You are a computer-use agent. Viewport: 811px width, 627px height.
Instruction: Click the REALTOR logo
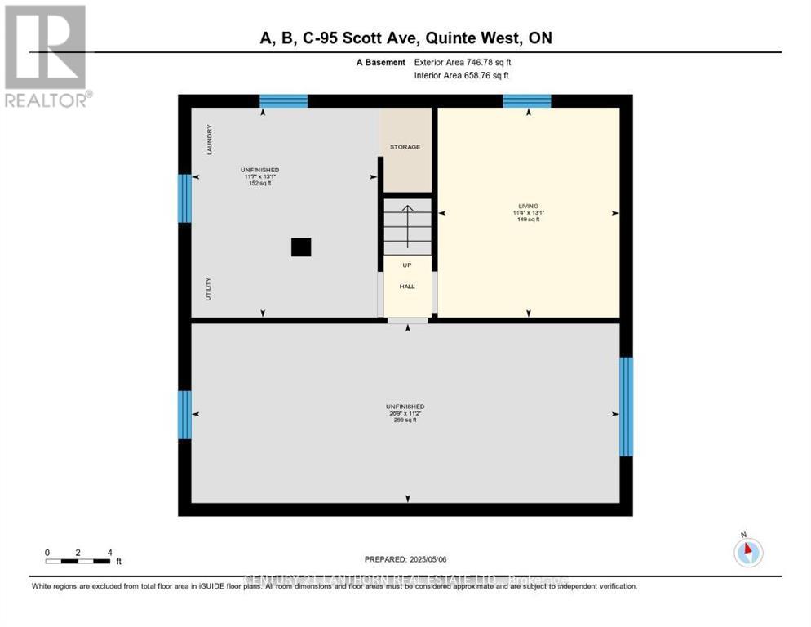coord(46,56)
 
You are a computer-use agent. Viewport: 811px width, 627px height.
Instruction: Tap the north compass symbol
coord(747,552)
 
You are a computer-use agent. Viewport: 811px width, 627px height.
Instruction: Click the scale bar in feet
coord(78,560)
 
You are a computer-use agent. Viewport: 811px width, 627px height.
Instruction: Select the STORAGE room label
coord(405,147)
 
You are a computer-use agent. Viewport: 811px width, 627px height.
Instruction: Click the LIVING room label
coord(528,206)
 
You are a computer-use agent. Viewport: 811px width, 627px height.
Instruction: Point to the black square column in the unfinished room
coord(301,247)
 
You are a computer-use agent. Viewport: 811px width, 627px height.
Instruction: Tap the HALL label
coord(407,287)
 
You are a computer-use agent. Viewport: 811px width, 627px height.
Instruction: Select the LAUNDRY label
coord(210,140)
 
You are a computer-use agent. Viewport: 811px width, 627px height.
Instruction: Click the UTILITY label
coord(209,290)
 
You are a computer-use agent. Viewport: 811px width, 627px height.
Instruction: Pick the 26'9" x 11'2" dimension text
coord(405,413)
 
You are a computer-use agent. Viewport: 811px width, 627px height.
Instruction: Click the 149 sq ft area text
coord(528,220)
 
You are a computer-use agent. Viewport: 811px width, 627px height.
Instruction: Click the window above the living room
coord(526,101)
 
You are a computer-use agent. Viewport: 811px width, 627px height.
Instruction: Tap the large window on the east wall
coord(626,406)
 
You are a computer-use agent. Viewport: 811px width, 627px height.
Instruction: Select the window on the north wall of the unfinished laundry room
coord(283,101)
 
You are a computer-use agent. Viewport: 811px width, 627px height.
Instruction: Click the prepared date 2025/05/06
coord(405,559)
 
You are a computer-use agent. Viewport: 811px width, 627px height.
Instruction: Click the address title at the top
coord(405,38)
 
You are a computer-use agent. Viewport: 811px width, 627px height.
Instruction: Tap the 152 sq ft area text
coord(260,183)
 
